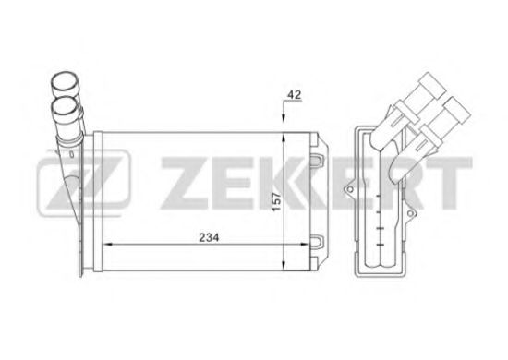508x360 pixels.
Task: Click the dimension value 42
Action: pyautogui.click(x=294, y=93)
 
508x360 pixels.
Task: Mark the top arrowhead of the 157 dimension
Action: pyautogui.click(x=283, y=136)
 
